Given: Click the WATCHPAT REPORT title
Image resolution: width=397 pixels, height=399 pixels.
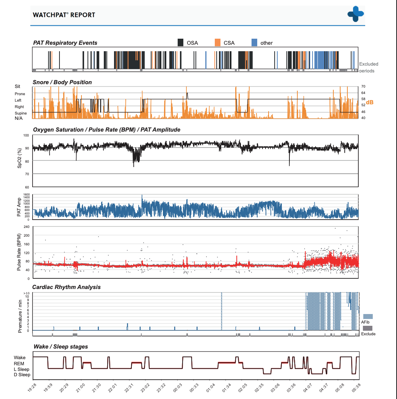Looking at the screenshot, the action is point(64,15).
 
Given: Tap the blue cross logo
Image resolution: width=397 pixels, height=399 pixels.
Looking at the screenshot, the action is point(356,14).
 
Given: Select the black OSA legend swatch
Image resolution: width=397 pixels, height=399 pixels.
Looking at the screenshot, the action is point(180,42).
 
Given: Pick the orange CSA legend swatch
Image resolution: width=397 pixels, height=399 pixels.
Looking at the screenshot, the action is point(217,42).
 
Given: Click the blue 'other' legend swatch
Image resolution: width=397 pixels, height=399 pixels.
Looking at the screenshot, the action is point(254,42).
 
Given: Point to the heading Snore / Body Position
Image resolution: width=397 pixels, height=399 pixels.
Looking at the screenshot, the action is point(62,82).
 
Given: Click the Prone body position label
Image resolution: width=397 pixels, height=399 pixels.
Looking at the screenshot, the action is point(20,94).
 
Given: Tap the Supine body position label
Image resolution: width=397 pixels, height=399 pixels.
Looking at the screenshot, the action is point(20,113).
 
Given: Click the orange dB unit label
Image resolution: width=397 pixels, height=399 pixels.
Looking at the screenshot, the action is point(370,102).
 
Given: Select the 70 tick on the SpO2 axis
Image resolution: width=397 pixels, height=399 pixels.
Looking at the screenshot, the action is point(27,174).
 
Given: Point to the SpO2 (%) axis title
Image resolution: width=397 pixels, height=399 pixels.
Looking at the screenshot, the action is point(19,158).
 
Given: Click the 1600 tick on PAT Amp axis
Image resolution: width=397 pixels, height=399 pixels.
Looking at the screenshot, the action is point(27,195).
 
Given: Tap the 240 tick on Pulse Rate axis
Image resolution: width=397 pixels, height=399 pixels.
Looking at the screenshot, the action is point(27,227).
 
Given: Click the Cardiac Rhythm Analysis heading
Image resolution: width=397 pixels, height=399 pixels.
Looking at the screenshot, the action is point(66,287).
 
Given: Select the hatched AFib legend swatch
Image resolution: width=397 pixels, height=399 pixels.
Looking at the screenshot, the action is point(368,317).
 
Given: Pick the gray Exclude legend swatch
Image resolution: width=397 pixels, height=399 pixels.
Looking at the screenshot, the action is point(367,328).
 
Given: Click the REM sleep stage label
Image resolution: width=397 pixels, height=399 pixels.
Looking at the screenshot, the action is point(19,364).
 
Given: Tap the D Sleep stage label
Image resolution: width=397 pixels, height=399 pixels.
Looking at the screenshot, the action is point(22,375).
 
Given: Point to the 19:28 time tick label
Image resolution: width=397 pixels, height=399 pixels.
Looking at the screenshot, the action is point(32,388).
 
